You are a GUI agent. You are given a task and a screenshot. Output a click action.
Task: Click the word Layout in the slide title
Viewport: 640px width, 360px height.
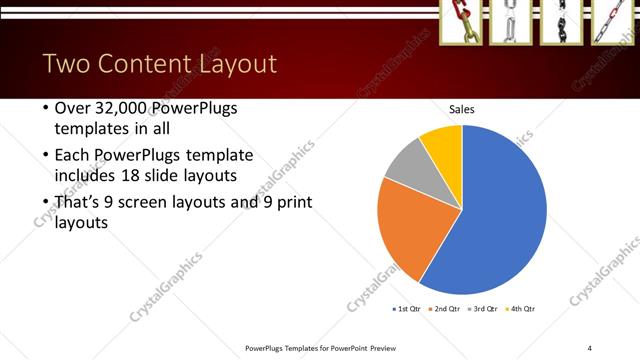point(236,65)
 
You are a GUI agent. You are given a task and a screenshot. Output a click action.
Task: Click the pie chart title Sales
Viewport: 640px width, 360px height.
point(461,109)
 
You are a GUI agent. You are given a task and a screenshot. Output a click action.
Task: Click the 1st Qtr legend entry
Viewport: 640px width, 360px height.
point(408,308)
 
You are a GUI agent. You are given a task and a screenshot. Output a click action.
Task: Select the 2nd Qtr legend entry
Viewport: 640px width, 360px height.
point(445,308)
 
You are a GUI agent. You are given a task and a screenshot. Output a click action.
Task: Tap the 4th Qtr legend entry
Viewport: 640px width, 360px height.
point(520,308)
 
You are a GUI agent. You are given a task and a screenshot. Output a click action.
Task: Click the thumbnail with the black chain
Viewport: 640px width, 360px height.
point(561,22)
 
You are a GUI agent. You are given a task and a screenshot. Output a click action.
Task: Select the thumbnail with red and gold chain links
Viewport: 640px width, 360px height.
point(461,22)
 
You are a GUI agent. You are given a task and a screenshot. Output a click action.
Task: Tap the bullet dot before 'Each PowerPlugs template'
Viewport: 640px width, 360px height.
point(45,156)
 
